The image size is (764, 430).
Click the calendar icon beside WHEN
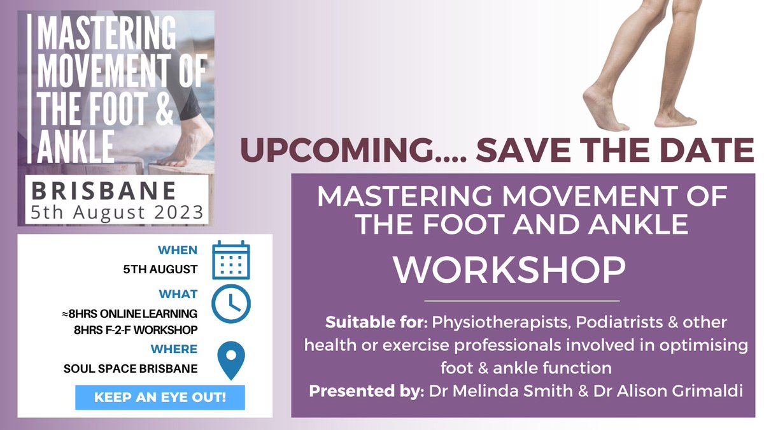pyautogui.click(x=230, y=260)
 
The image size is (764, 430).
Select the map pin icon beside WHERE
pyautogui.click(x=230, y=361)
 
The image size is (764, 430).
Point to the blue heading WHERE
pyautogui.click(x=174, y=348)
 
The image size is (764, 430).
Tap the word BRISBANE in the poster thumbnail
pyautogui.click(x=104, y=190)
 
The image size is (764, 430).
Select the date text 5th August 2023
pyautogui.click(x=118, y=211)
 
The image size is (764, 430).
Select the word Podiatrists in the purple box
pyautogui.click(x=609, y=323)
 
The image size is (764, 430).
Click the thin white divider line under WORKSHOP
pyautogui.click(x=521, y=299)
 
